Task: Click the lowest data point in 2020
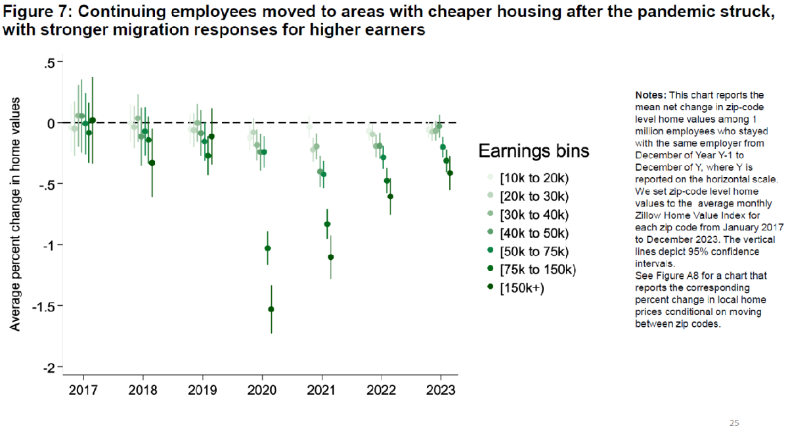coord(271,309)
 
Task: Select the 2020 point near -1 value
coord(267,248)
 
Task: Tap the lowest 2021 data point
coord(330,257)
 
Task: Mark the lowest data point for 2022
coord(390,196)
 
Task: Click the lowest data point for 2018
coord(152,163)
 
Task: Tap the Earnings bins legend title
coord(533,151)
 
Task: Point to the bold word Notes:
coord(651,95)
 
